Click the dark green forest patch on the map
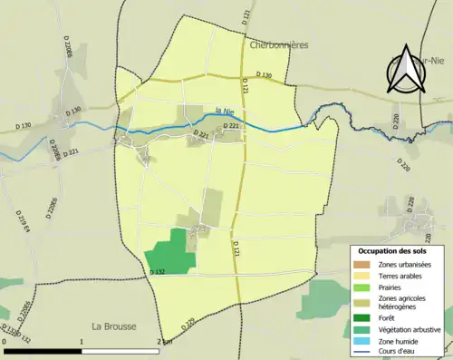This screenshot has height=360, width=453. [x=171, y=251]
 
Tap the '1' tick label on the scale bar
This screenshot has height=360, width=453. [x=82, y=342]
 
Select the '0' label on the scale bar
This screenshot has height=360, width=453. [x=5, y=342]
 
